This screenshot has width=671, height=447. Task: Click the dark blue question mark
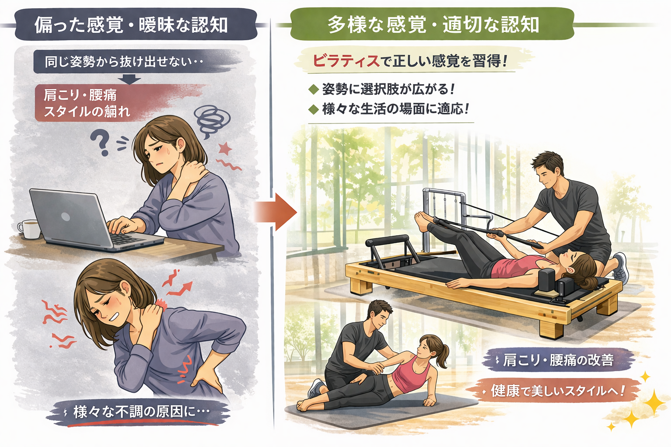pos(100,144)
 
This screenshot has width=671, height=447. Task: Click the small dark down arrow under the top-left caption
pos(129,79)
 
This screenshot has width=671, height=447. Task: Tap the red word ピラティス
pos(346,61)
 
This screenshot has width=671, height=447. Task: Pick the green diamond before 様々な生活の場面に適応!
pos(314,110)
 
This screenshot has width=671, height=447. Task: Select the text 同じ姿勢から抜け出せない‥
pos(124,62)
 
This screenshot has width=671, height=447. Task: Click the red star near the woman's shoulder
pos(225,148)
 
